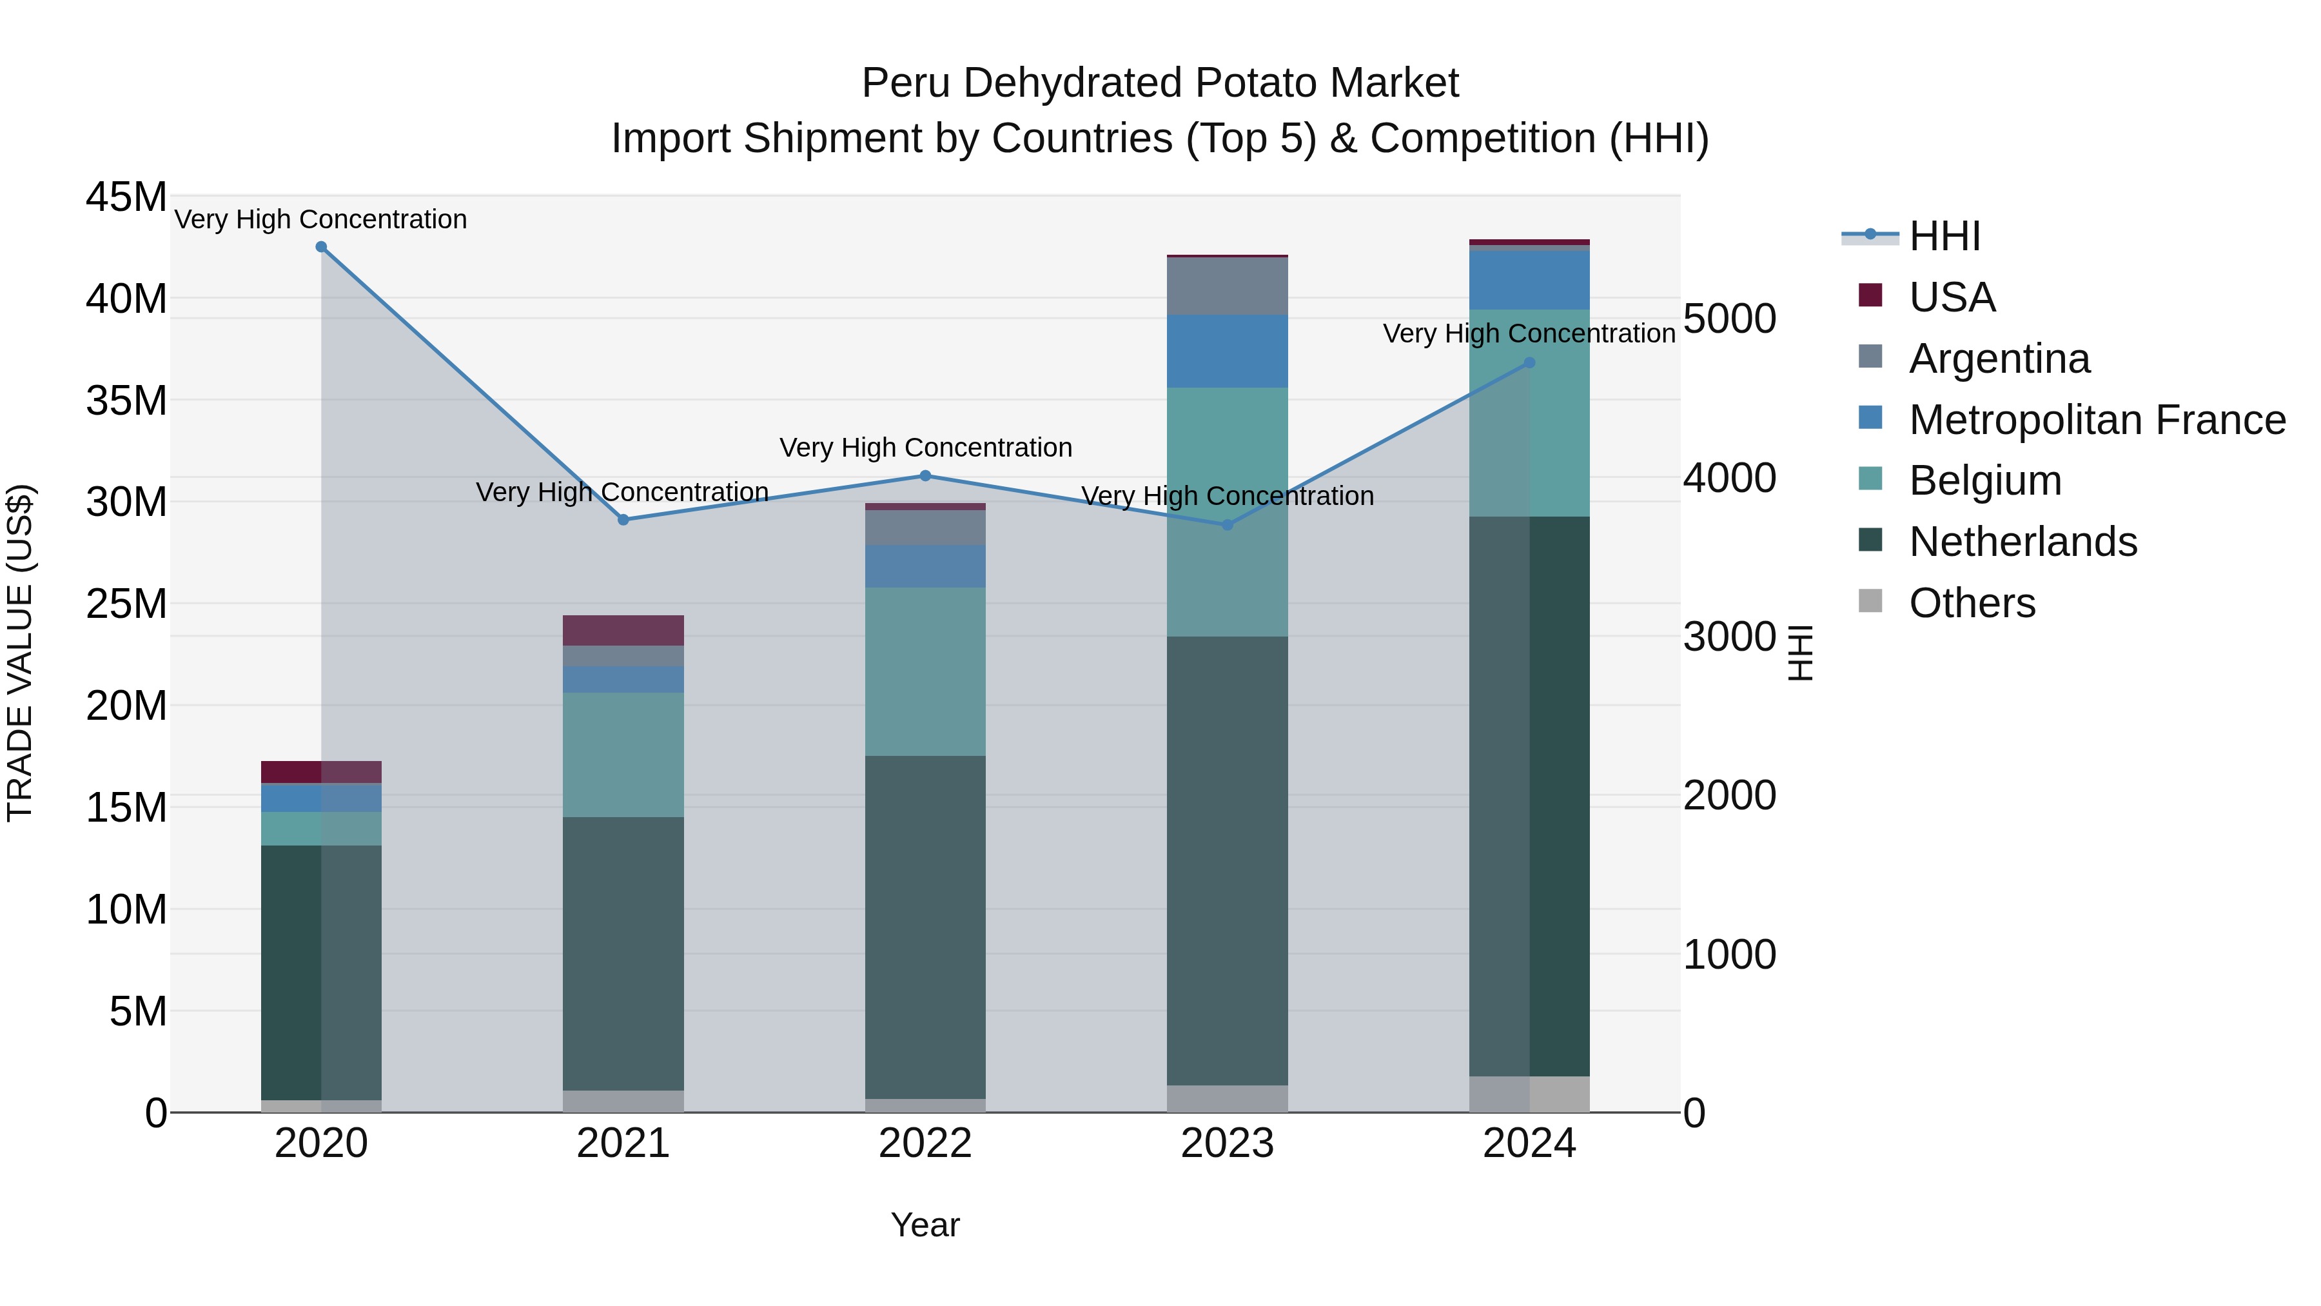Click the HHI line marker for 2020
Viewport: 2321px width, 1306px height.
[321, 247]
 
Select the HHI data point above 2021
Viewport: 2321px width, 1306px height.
[623, 520]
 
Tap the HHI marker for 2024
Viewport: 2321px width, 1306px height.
[1529, 363]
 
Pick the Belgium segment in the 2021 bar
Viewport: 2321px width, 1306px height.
[623, 755]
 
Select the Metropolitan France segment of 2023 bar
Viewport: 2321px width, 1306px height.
[1227, 351]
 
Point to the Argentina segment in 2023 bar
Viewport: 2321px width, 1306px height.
[1227, 286]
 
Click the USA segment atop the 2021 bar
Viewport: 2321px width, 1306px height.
[623, 630]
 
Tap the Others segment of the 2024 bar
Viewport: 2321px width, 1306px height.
[1529, 1094]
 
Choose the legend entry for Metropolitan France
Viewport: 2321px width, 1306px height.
[2097, 420]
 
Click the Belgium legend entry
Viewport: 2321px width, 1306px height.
[1985, 480]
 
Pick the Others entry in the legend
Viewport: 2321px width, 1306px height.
[1972, 603]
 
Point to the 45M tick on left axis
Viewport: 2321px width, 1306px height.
[126, 197]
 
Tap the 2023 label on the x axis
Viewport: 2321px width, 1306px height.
[1227, 1145]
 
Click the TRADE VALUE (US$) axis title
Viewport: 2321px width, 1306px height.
[21, 653]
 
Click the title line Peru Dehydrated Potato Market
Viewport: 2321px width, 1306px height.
[1160, 83]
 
